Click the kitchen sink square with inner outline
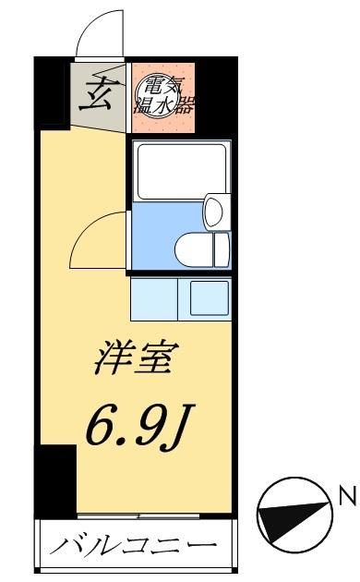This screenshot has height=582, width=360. click(x=209, y=297)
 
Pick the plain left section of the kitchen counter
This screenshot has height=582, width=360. click(x=153, y=297)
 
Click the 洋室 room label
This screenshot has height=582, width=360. click(x=133, y=358)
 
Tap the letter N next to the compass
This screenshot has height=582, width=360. click(x=347, y=498)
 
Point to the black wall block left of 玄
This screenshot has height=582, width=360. click(x=54, y=92)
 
